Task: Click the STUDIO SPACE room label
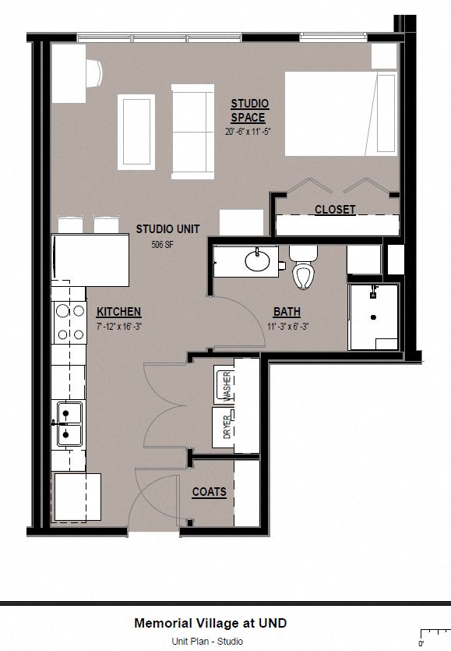point(249,111)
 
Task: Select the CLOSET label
point(335,209)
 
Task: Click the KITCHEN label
point(118,312)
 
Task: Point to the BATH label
point(287,312)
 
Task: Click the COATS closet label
point(210,492)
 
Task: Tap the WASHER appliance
point(226,385)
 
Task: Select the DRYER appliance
point(226,426)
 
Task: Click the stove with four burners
point(69,323)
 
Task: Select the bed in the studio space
point(341,114)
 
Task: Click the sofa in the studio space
point(192,133)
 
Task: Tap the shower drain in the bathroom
point(374,317)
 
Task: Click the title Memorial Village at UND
point(210,623)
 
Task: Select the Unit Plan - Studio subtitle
point(208,641)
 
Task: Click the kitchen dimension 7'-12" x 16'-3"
point(118,327)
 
